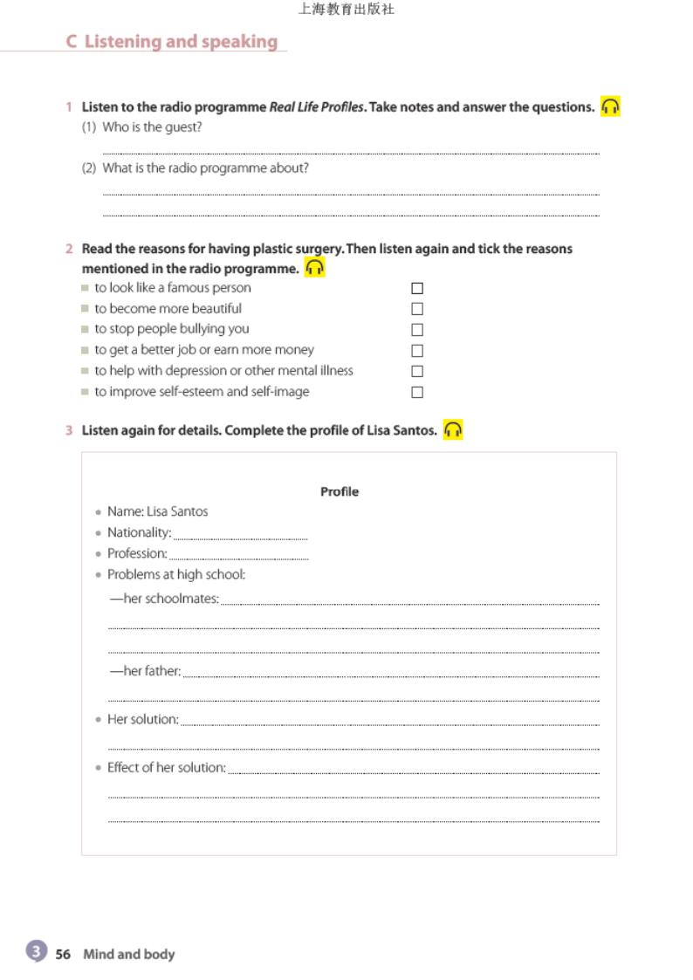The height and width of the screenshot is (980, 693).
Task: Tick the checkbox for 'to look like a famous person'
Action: point(417,288)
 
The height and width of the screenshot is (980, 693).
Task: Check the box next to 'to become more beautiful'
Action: point(417,309)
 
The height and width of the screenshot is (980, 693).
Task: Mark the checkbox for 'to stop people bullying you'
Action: point(417,330)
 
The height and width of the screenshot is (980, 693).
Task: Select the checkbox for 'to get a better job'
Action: point(417,351)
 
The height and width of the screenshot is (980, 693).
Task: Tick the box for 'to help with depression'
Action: point(417,372)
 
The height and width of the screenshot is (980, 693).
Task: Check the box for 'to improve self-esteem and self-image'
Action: point(417,393)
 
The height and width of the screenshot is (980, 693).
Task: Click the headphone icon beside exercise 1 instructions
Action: point(610,106)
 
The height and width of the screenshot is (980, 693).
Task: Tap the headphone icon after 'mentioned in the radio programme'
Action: point(314,268)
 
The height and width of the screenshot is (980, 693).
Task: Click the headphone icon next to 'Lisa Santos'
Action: point(452,430)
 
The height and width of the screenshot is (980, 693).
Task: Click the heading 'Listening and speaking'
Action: point(181,42)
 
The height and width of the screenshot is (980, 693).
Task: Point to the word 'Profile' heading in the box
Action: point(340,492)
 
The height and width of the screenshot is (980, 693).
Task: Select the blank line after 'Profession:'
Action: point(238,556)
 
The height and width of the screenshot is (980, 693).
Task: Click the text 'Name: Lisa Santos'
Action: point(157,511)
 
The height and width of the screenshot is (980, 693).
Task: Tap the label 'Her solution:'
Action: point(142,719)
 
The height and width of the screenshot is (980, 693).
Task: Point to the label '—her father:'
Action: point(145,671)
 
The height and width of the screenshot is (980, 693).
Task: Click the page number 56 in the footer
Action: point(63,955)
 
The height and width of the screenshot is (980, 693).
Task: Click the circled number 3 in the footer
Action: point(36,952)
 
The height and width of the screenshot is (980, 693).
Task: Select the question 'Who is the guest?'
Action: point(152,127)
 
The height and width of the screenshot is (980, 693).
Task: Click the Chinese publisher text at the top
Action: point(346,10)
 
